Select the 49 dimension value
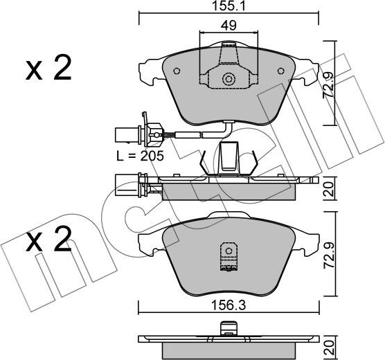coord(228,26)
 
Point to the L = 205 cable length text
coord(140,156)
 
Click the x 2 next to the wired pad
coord(48,70)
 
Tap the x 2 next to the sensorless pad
coord(48,242)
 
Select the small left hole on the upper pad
coord(176,71)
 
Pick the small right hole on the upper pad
coord(280,71)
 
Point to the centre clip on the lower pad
coord(226,258)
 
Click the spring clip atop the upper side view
coord(228,159)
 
